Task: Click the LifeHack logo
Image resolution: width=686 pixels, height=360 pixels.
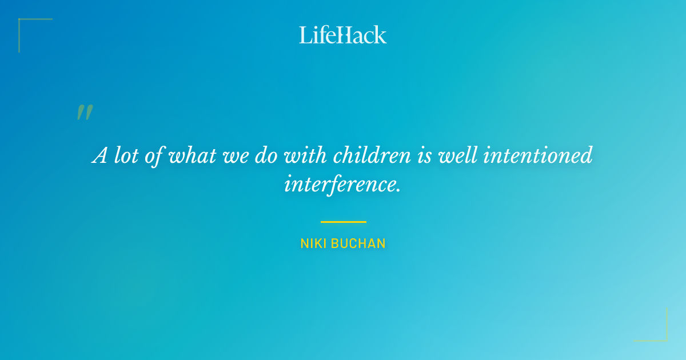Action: (343, 35)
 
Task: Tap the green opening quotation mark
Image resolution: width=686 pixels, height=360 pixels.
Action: (85, 113)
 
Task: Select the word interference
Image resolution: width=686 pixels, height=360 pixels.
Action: (342, 183)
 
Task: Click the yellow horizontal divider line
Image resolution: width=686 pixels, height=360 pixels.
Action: (343, 222)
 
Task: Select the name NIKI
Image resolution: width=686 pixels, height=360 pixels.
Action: (313, 244)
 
